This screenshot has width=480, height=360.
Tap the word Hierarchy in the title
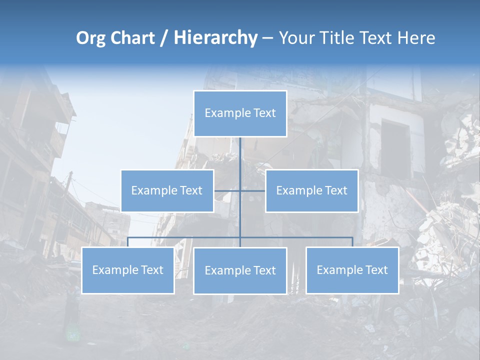[x=215, y=38]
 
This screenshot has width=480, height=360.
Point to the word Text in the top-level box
[x=264, y=113]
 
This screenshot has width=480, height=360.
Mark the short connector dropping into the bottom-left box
[x=127, y=242]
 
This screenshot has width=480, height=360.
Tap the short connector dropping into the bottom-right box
[x=352, y=242]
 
